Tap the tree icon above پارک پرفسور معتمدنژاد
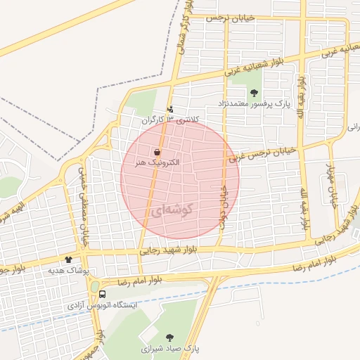point(254,93)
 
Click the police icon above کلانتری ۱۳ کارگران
point(171,109)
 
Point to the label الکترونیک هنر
point(156,162)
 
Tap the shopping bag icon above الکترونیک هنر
point(156,151)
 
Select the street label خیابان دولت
point(224,200)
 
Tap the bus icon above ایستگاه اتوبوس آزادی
point(103,294)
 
